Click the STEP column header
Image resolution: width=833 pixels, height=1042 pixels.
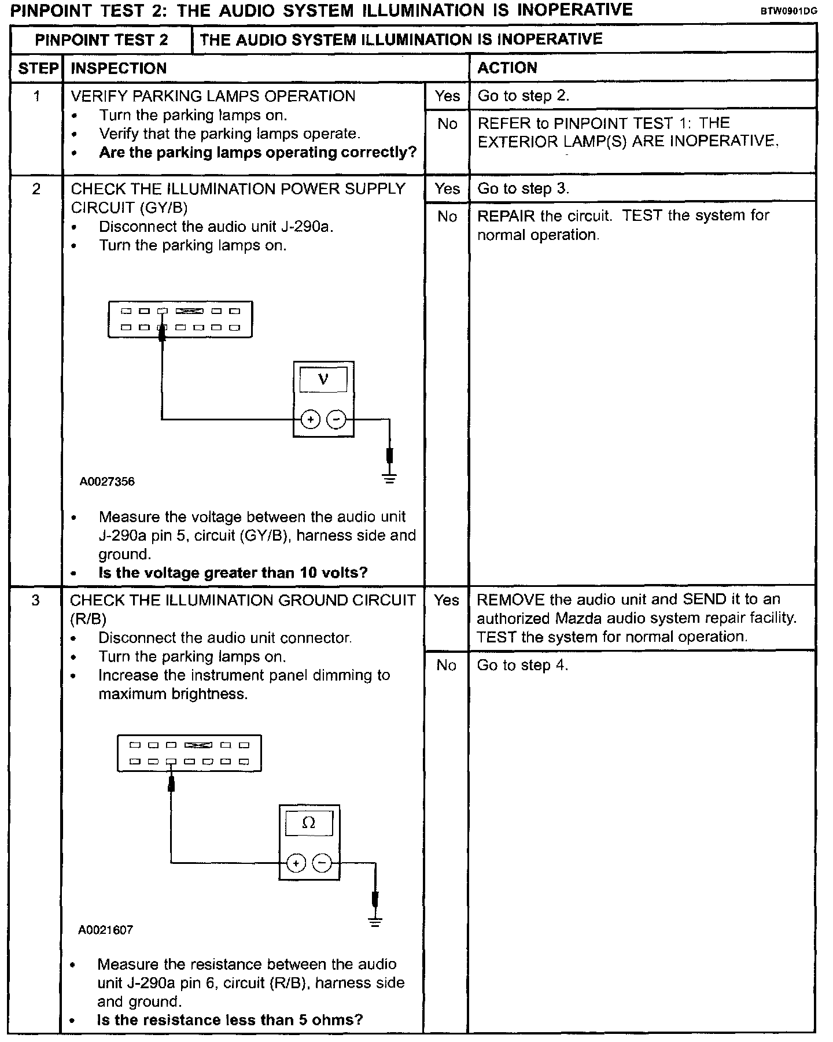click(x=38, y=69)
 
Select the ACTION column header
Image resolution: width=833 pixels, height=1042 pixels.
click(x=507, y=68)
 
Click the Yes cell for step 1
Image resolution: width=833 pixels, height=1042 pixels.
click(x=447, y=96)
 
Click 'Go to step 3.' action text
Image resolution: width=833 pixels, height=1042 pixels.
click(x=524, y=189)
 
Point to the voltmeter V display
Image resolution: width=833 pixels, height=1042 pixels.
click(x=323, y=380)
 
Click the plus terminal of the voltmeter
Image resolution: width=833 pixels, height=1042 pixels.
click(x=311, y=419)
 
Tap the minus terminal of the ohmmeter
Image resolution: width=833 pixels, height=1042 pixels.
click(x=322, y=863)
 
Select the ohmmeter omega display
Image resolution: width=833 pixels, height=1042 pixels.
click(x=309, y=823)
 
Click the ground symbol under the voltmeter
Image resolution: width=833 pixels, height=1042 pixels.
click(x=390, y=478)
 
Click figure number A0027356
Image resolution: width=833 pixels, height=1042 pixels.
click(x=107, y=482)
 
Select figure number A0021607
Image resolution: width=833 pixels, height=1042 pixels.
click(x=106, y=930)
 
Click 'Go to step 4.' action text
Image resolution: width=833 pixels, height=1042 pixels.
click(x=522, y=666)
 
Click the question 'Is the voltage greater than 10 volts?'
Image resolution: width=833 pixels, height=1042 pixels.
click(x=233, y=573)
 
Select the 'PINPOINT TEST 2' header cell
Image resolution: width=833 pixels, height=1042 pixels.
click(x=102, y=40)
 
